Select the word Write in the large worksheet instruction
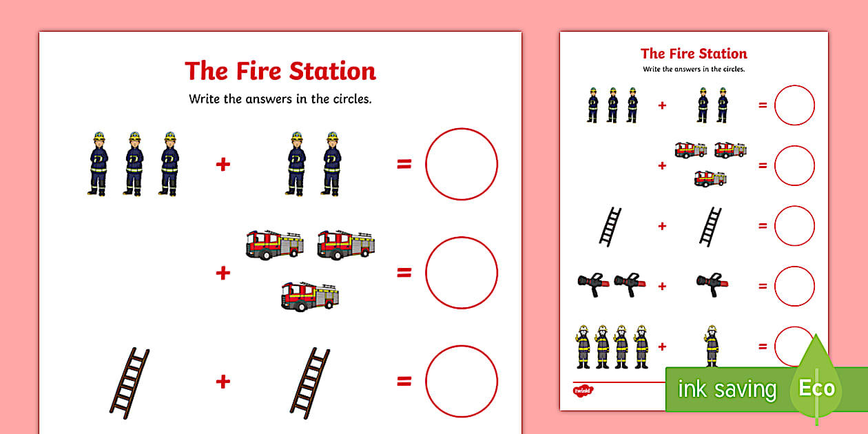point(205,99)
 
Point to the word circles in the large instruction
point(351,99)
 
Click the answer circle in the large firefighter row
point(461,164)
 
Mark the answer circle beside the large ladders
point(461,381)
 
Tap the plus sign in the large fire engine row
point(223,273)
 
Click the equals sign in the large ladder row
point(404,381)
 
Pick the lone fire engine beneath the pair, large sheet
point(311,296)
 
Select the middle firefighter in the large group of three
point(134,163)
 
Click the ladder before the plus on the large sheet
point(130,382)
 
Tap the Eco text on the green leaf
point(816,388)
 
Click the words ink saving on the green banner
point(727,390)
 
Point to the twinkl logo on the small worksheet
point(583,390)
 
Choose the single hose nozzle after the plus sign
point(712,282)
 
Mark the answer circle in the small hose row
point(794,286)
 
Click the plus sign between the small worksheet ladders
point(662,226)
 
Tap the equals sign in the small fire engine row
point(763,165)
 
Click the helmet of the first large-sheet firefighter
point(99,136)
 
